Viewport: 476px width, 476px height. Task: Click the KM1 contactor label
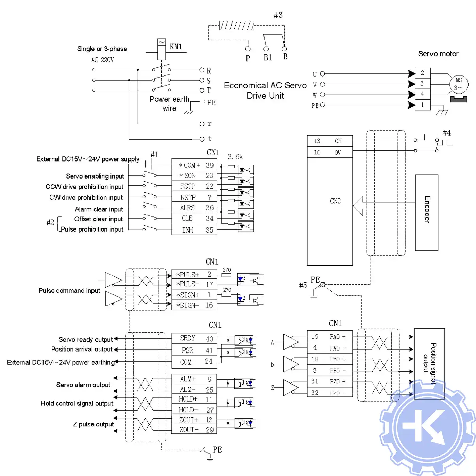(176, 47)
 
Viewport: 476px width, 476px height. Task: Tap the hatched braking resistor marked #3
(236, 26)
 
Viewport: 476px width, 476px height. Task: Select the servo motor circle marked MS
(459, 84)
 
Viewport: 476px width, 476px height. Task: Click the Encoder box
(427, 213)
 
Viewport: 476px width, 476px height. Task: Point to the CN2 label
(335, 201)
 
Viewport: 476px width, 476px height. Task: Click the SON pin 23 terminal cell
(194, 176)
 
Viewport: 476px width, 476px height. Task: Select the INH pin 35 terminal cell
(194, 230)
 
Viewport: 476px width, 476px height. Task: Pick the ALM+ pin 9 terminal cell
(194, 379)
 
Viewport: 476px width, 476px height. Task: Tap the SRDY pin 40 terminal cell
(194, 339)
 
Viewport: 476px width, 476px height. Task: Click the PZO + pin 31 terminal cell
(329, 381)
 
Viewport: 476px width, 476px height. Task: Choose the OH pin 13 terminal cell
(329, 141)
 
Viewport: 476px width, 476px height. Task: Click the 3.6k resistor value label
(235, 157)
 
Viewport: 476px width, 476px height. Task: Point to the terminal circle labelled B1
(266, 49)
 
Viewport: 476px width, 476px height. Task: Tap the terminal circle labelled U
(322, 74)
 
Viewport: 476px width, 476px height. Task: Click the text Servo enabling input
(95, 176)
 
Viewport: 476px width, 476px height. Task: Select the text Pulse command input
(69, 291)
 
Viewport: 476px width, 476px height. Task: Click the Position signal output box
(429, 363)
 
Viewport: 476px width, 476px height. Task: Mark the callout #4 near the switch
(447, 133)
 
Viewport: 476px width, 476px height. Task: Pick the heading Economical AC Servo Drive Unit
(265, 90)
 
